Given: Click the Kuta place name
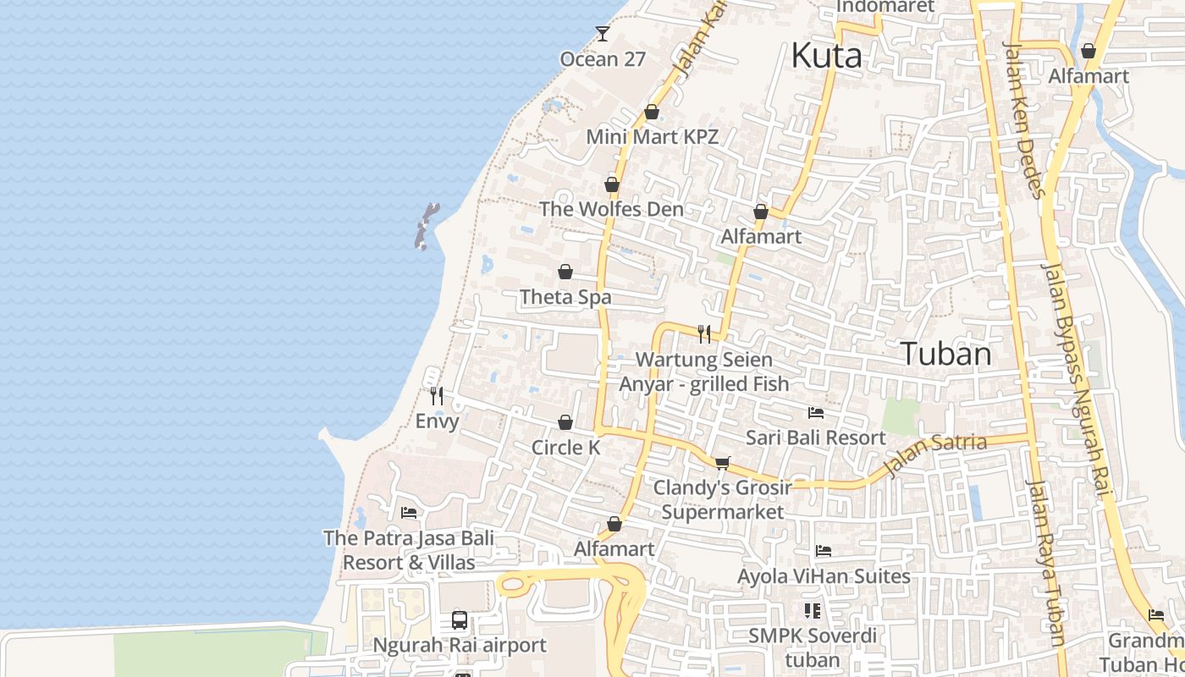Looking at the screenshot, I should pyautogui.click(x=826, y=56).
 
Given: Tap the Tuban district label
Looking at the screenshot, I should pyautogui.click(x=945, y=354).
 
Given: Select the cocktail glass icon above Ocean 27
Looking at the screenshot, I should pyautogui.click(x=602, y=34).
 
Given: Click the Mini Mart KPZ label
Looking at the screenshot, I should pyautogui.click(x=652, y=136).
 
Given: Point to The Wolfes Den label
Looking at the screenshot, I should pyautogui.click(x=611, y=209).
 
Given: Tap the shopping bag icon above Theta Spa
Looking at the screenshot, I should pyautogui.click(x=565, y=272).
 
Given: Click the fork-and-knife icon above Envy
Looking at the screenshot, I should pyautogui.click(x=437, y=395).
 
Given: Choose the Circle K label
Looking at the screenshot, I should pyautogui.click(x=565, y=448).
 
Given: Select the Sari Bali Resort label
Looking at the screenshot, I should pyautogui.click(x=815, y=438).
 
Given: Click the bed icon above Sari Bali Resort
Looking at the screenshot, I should pyautogui.click(x=816, y=413).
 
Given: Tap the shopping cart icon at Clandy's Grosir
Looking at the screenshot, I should pyautogui.click(x=722, y=462).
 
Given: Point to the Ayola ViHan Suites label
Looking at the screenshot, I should pyautogui.click(x=824, y=576).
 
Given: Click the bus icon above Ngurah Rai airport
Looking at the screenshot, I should pyautogui.click(x=460, y=620).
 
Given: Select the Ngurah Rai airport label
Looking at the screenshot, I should pyautogui.click(x=460, y=646).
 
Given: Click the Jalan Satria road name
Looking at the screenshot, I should pyautogui.click(x=934, y=454).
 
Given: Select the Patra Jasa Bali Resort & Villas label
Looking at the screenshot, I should pyautogui.click(x=409, y=550).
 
